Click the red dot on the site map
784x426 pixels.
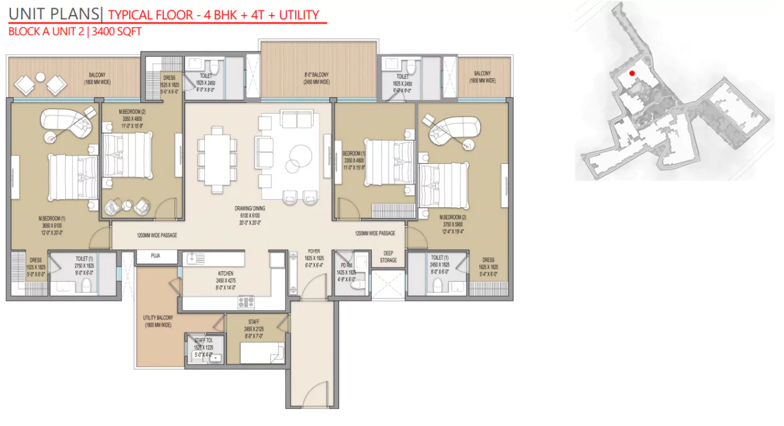(x=632, y=73)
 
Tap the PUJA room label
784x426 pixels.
(x=156, y=255)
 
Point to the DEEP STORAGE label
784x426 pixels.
(x=388, y=257)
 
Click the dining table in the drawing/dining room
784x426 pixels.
(x=217, y=159)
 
